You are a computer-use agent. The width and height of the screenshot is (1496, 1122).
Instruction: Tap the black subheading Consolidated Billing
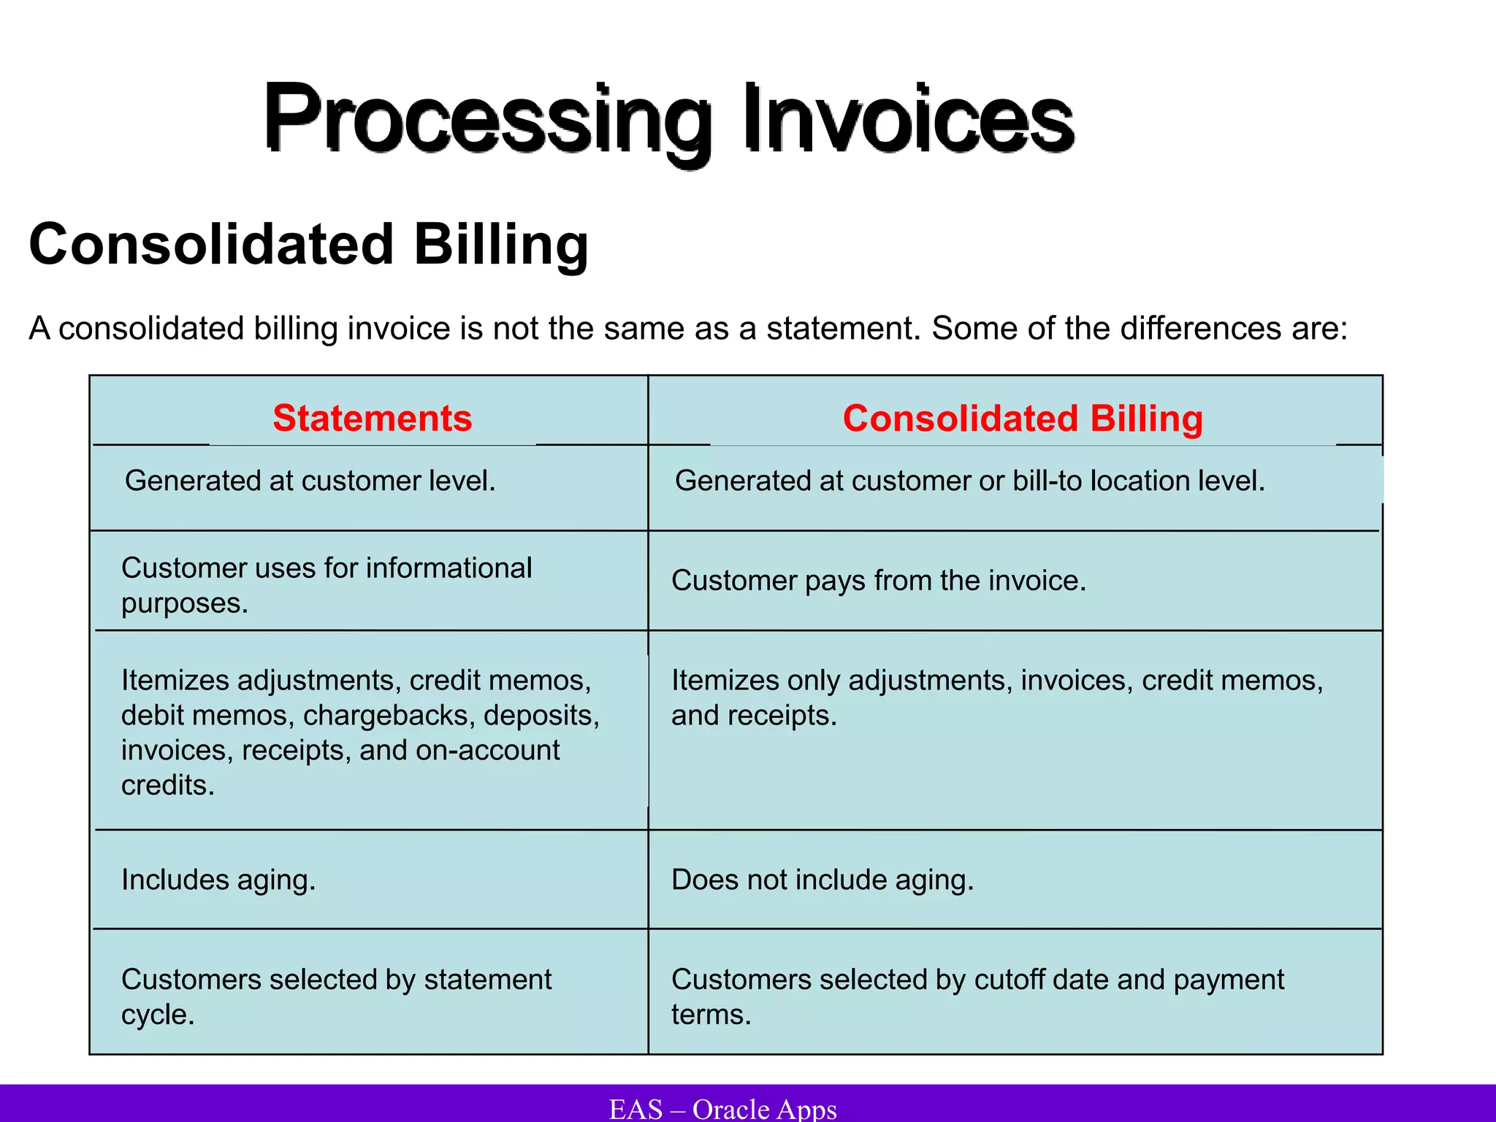pyautogui.click(x=308, y=244)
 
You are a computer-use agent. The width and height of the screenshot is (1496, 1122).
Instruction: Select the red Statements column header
pyautogui.click(x=372, y=419)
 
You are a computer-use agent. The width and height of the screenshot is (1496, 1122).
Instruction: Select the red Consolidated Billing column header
pyautogui.click(x=1022, y=419)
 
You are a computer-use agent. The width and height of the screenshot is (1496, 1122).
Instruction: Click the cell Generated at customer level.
pyautogui.click(x=310, y=481)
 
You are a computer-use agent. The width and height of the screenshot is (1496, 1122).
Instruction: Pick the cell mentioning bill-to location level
pyautogui.click(x=969, y=481)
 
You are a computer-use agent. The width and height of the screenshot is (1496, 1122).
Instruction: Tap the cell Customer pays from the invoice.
pyautogui.click(x=878, y=581)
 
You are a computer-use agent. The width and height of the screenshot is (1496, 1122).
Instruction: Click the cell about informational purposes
pyautogui.click(x=326, y=585)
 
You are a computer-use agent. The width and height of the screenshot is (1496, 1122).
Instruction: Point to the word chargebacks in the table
pyautogui.click(x=389, y=715)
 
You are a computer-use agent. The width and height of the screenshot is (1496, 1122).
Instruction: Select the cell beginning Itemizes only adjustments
pyautogui.click(x=996, y=697)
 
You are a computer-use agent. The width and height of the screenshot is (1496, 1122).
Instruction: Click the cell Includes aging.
pyautogui.click(x=218, y=879)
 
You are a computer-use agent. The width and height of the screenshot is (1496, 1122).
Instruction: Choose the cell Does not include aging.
pyautogui.click(x=822, y=879)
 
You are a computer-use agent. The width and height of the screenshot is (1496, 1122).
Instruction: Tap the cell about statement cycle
pyautogui.click(x=336, y=996)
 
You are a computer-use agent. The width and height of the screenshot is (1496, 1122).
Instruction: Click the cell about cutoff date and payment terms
pyautogui.click(x=977, y=996)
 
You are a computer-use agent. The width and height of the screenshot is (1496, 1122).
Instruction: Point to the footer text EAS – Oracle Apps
pyautogui.click(x=722, y=1109)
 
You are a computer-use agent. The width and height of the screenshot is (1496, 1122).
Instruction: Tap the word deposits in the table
pyautogui.click(x=541, y=715)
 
